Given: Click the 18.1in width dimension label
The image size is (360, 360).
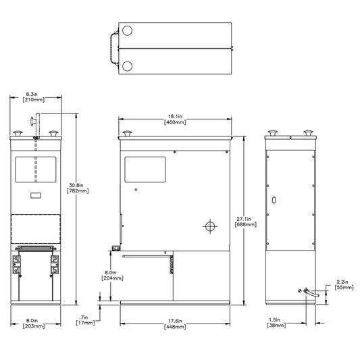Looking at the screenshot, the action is click(175, 120).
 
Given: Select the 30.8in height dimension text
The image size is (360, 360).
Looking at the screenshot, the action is click(78, 188).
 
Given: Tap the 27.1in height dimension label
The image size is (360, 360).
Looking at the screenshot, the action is click(245, 222).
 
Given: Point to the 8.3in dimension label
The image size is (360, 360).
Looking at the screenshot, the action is click(34, 97).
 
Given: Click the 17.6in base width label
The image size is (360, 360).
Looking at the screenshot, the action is click(175, 324).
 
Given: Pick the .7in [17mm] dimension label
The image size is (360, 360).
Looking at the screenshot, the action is click(85, 320).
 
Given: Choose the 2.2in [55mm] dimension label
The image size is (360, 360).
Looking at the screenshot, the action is click(344, 284).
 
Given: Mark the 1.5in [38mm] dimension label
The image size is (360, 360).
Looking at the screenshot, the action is click(276, 322).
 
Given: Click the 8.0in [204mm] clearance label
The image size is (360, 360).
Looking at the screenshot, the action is click(112, 275).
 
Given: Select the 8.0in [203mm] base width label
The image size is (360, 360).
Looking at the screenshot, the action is click(34, 324).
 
